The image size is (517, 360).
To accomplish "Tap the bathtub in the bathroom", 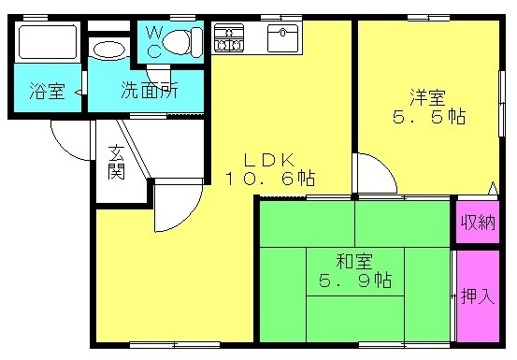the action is point(48,42).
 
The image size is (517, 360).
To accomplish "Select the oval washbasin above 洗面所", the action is point(109,50).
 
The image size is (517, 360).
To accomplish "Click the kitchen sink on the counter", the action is point(282,38).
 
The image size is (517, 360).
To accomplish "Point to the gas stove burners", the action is point(229,38).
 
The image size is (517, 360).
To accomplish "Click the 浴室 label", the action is point(47,91).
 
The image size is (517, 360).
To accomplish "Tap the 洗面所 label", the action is point(150,90).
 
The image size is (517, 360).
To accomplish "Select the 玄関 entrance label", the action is point(116,162).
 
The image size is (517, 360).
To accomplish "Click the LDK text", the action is point(268,160).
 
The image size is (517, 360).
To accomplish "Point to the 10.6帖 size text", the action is point(270,179).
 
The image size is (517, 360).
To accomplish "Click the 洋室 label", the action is point(427,97).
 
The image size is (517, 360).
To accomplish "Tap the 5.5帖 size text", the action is point(429,116).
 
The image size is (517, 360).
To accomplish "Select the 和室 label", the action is point(354,262).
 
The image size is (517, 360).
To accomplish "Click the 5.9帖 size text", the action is point(354,280).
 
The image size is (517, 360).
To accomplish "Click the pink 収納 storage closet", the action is point(478,223).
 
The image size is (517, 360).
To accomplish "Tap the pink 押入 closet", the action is point(478,296).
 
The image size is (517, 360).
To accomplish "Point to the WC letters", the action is point(153,42).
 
